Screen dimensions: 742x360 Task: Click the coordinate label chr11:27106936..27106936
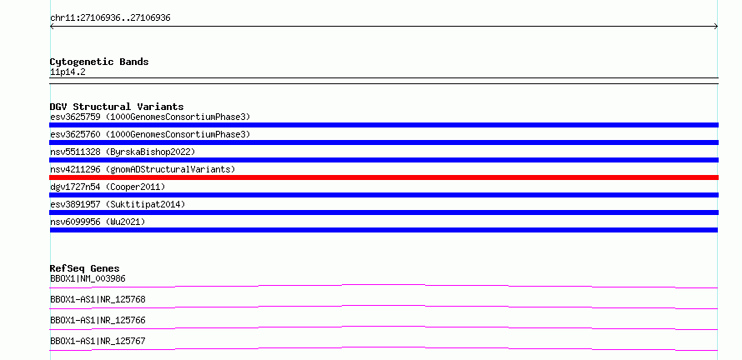click(x=110, y=18)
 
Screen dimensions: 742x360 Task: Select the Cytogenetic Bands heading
click(x=99, y=62)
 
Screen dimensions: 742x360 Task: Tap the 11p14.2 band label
click(x=68, y=72)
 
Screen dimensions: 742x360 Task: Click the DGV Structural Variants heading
click(x=117, y=107)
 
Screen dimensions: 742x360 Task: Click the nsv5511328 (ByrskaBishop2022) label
click(x=123, y=152)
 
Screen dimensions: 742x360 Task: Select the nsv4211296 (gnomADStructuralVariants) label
click(x=143, y=169)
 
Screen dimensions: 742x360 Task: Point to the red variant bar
click(x=384, y=177)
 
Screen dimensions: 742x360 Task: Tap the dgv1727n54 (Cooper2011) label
click(x=108, y=187)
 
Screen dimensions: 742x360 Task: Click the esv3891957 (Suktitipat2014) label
click(x=118, y=204)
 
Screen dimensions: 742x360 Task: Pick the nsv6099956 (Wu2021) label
click(x=98, y=222)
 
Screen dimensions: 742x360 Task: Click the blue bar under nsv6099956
click(x=384, y=230)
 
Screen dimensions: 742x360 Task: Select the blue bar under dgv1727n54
click(x=384, y=195)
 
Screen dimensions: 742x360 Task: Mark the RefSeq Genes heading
click(x=85, y=268)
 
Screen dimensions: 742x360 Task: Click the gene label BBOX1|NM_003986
click(x=88, y=278)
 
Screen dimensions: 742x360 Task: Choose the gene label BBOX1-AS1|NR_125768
click(x=98, y=299)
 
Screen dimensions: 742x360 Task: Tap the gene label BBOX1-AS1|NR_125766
click(x=98, y=320)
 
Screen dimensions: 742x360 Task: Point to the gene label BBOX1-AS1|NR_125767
click(x=98, y=341)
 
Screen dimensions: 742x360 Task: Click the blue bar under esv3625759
click(x=384, y=125)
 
